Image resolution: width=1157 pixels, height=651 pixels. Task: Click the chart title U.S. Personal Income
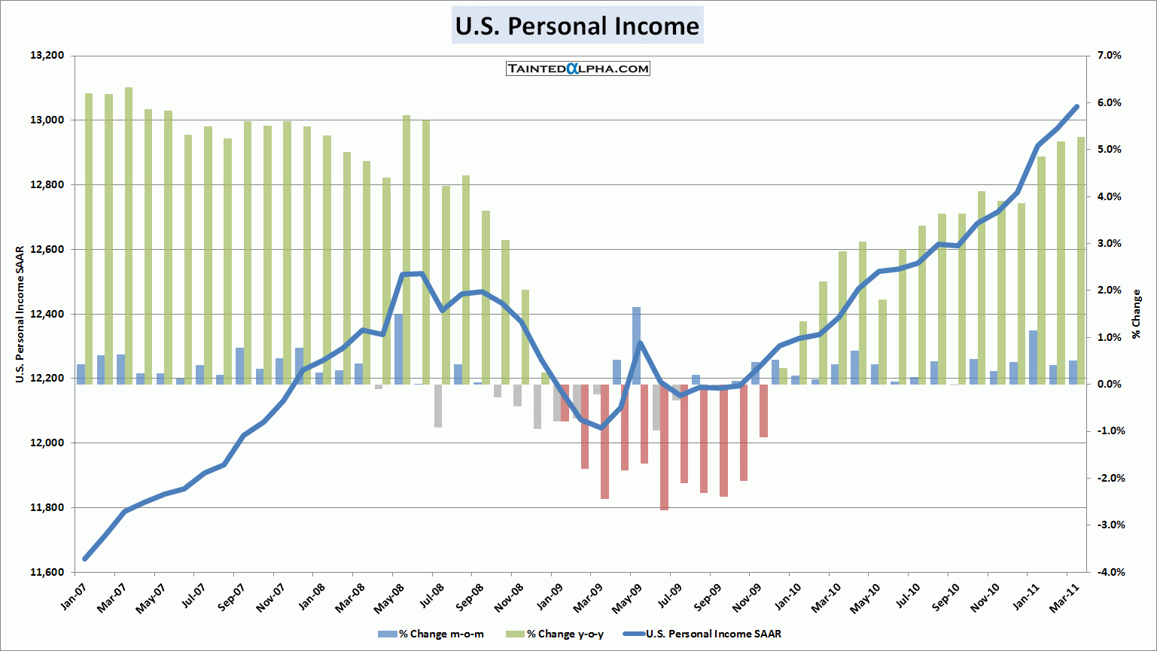point(577,26)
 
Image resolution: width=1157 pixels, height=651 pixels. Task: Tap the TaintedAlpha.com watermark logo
point(578,68)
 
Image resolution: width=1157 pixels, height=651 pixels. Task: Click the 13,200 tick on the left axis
point(47,56)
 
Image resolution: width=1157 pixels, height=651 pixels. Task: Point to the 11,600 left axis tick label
point(47,572)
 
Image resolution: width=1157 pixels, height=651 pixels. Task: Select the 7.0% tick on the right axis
point(1108,56)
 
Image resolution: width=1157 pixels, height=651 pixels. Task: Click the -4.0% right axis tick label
point(1107,572)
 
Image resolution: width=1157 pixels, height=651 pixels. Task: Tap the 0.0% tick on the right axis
point(1108,385)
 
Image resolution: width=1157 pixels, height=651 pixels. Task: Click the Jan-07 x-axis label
point(75,595)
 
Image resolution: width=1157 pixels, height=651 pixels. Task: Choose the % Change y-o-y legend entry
point(558,634)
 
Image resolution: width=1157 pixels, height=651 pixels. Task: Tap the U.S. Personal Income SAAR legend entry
point(705,634)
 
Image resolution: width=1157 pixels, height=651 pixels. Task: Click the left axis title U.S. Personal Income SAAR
point(20,314)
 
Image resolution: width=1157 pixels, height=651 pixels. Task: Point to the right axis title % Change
point(1136,314)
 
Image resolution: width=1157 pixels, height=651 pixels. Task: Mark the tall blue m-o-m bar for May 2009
point(636,345)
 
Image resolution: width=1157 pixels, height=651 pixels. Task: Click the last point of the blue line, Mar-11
point(1076,107)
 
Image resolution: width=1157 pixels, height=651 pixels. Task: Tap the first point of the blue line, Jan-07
point(85,558)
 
